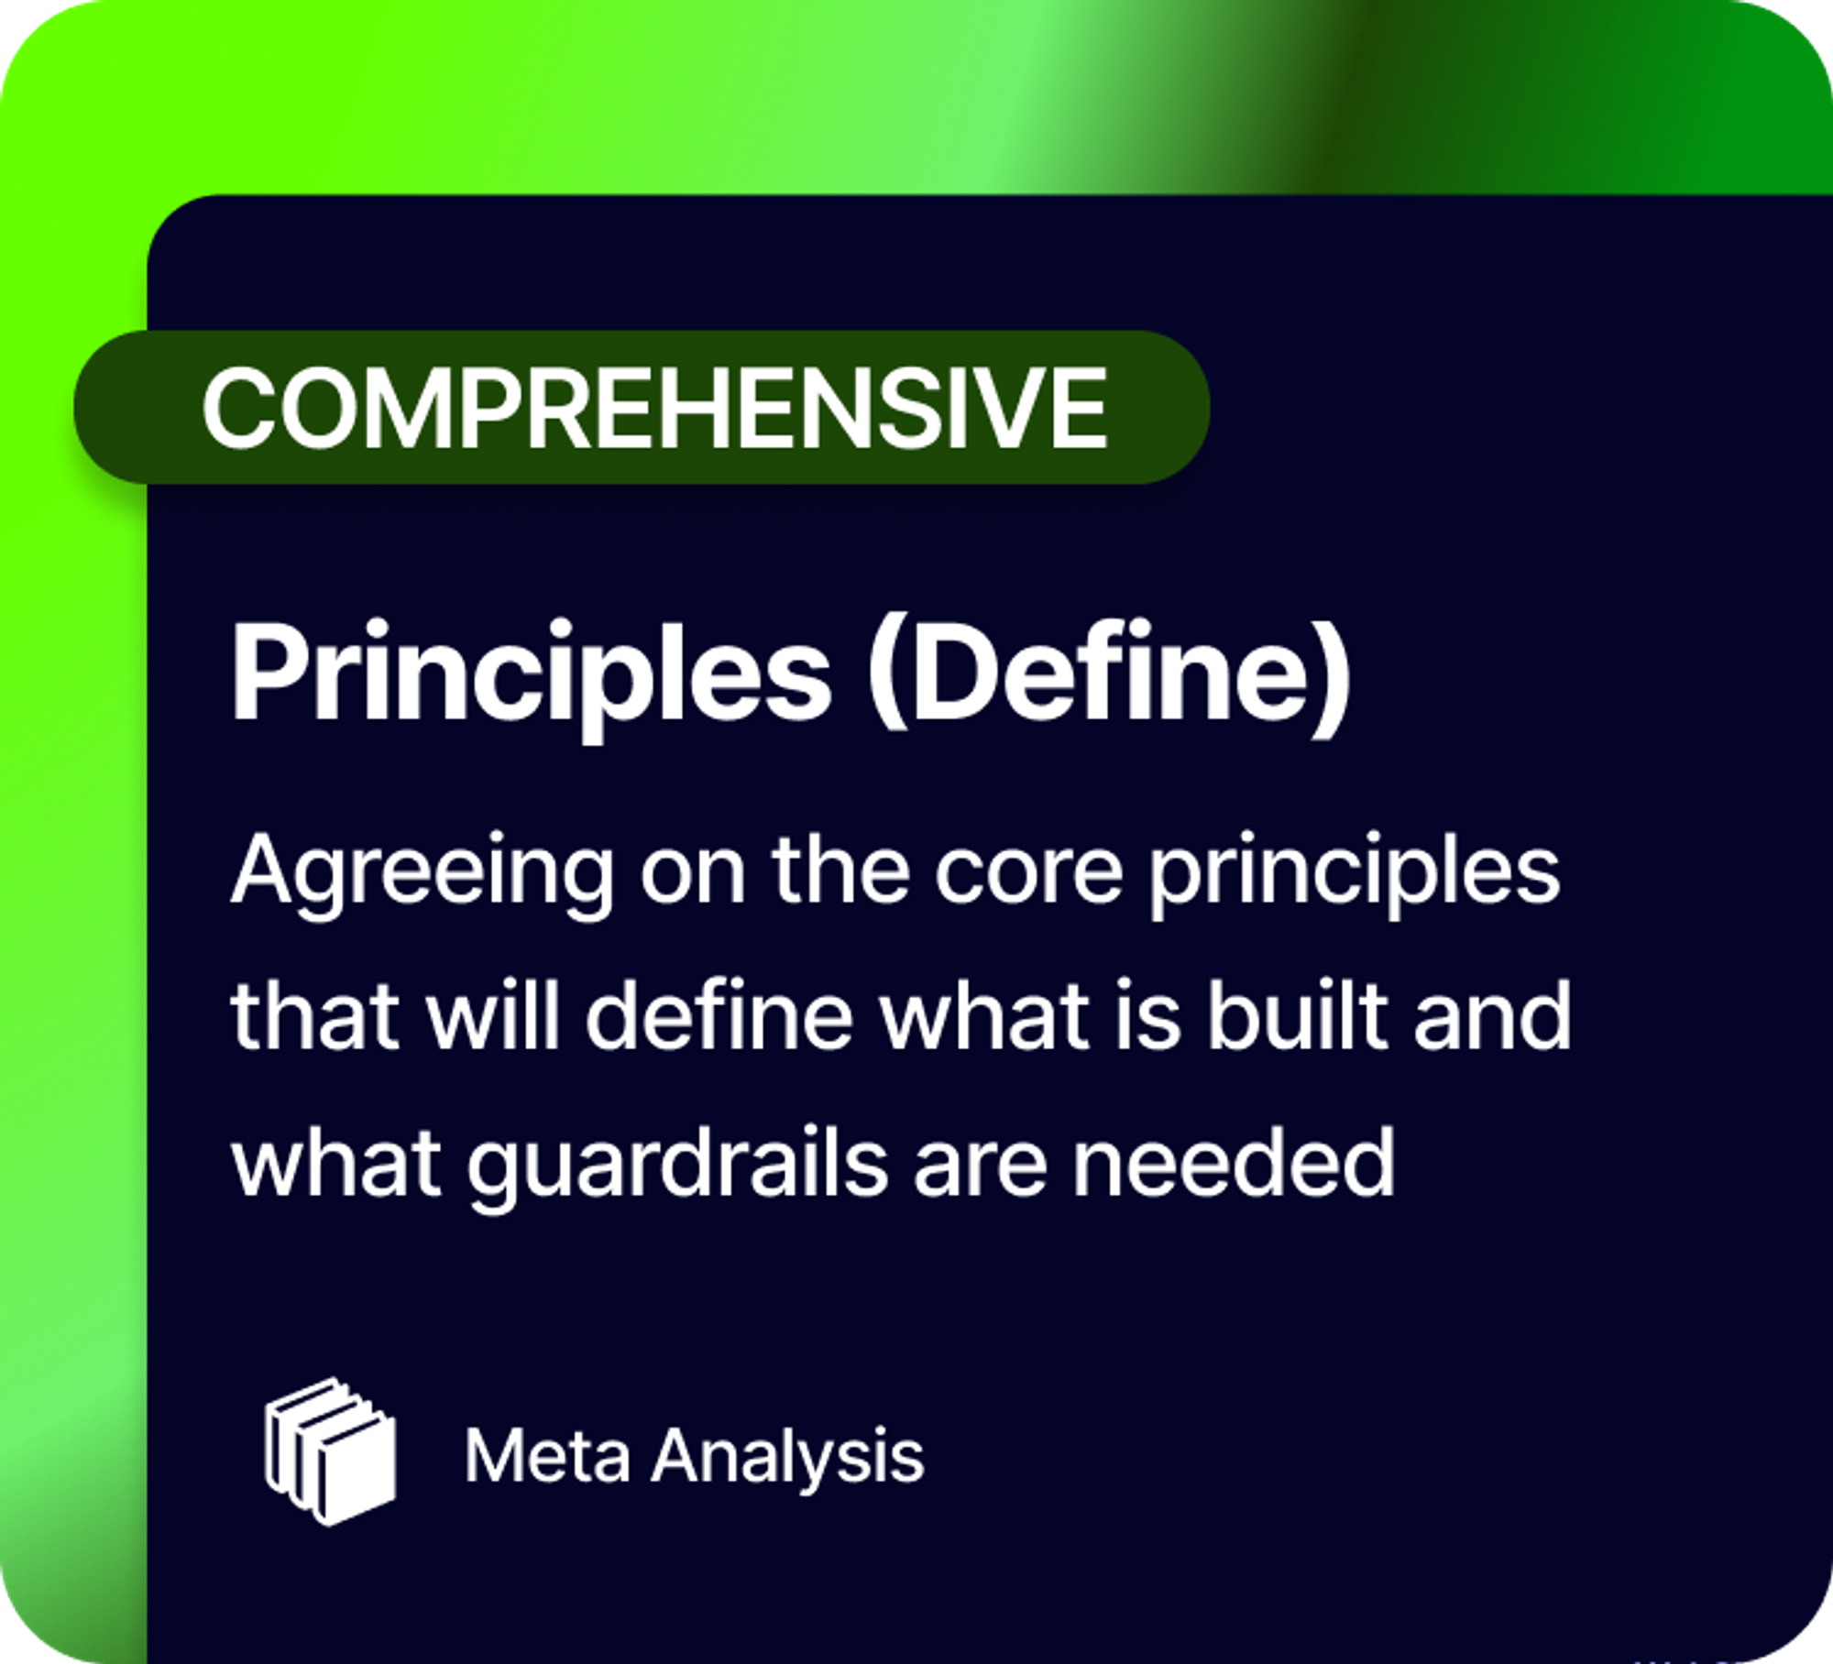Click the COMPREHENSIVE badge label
(x=654, y=407)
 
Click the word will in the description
(x=493, y=1016)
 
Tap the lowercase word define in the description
(x=720, y=1016)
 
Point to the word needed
(x=1234, y=1163)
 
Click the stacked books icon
(x=331, y=1452)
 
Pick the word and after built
(x=1493, y=1016)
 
